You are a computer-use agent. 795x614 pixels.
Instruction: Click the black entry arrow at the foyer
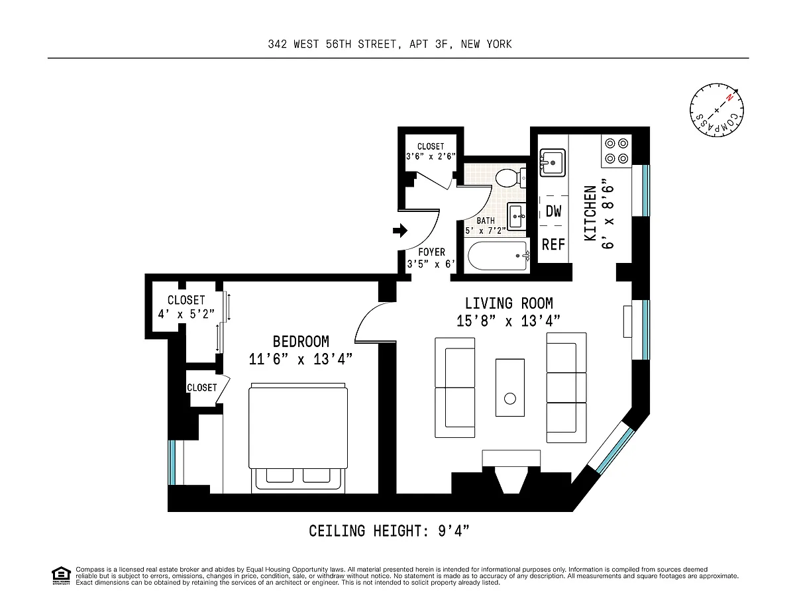[400, 230]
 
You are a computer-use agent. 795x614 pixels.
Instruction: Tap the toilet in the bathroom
[511, 178]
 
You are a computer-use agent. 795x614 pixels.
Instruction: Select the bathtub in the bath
[499, 256]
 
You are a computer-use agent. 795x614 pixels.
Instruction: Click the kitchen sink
[553, 162]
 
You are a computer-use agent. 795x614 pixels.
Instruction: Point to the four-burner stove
[617, 151]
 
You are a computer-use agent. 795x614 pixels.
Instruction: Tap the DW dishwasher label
[553, 211]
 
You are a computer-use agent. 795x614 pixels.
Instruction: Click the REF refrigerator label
[553, 244]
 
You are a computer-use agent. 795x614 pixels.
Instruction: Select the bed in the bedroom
[298, 438]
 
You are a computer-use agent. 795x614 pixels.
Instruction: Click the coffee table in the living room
[510, 387]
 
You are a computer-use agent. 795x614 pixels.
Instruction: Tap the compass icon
[717, 110]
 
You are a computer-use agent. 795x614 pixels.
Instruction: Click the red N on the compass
[729, 97]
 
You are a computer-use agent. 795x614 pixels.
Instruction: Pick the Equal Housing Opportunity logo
[61, 576]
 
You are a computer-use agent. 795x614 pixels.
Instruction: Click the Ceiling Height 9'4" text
[389, 531]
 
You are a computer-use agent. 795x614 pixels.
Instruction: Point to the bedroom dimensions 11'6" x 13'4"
[300, 359]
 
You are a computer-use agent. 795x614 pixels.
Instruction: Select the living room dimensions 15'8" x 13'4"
[509, 321]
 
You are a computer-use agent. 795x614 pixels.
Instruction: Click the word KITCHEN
[590, 213]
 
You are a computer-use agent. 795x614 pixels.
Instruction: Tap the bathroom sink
[517, 216]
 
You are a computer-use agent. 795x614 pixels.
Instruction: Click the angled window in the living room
[611, 447]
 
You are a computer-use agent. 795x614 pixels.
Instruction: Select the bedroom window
[172, 462]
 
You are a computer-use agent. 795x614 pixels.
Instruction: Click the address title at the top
[390, 44]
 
